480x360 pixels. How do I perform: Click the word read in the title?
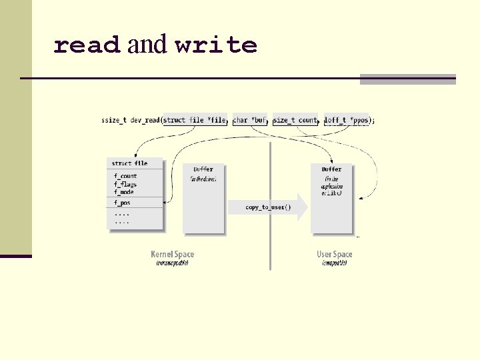pyautogui.click(x=87, y=45)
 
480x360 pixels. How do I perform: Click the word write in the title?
pyautogui.click(x=216, y=45)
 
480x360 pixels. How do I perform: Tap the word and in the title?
pyautogui.click(x=147, y=45)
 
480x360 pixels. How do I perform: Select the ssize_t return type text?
pyautogui.click(x=113, y=121)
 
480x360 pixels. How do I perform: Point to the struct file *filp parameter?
pyautogui.click(x=195, y=121)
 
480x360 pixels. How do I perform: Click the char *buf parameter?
pyautogui.click(x=250, y=121)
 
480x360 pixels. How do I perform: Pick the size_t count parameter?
pyautogui.click(x=295, y=121)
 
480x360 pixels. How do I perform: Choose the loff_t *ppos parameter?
pyautogui.click(x=347, y=121)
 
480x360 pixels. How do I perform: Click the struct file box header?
pyautogui.click(x=129, y=163)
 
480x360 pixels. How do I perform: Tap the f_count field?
pyautogui.click(x=125, y=176)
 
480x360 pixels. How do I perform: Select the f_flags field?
pyautogui.click(x=125, y=184)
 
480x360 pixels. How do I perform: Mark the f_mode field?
pyautogui.click(x=124, y=192)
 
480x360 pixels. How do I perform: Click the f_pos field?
pyautogui.click(x=122, y=202)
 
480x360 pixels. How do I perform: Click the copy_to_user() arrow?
pyautogui.click(x=268, y=207)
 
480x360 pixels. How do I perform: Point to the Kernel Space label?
pyautogui.click(x=173, y=254)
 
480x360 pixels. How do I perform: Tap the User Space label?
pyautogui.click(x=334, y=254)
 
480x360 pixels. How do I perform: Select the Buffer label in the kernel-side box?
pyautogui.click(x=203, y=169)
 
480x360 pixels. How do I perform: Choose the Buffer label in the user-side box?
pyautogui.click(x=331, y=169)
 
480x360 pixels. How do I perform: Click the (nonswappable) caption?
pyautogui.click(x=173, y=263)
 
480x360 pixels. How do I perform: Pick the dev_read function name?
pyautogui.click(x=145, y=121)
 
